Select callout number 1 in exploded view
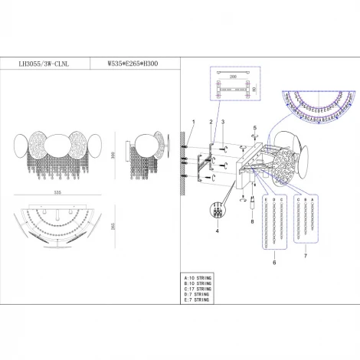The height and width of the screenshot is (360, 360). point(193,123)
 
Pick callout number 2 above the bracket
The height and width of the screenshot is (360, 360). point(211,123)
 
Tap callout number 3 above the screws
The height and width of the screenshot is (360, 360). point(222,123)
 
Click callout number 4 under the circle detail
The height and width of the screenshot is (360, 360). point(216,230)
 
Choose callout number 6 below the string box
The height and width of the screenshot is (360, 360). point(273,261)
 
